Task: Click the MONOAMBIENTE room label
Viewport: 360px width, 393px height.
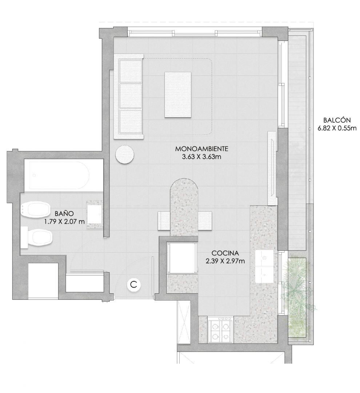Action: click(202, 148)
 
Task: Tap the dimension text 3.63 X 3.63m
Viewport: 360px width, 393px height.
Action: click(202, 157)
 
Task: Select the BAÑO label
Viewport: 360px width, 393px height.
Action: click(64, 214)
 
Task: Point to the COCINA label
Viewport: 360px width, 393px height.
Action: click(225, 253)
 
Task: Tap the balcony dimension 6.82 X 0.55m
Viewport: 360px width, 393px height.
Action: click(337, 128)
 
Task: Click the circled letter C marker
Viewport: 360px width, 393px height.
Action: click(134, 285)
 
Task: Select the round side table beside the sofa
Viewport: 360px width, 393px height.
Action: click(124, 155)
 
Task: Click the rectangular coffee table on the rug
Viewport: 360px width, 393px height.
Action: click(178, 95)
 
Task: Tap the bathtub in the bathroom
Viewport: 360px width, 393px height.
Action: click(59, 175)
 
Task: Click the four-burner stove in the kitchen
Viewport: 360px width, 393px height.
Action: click(221, 330)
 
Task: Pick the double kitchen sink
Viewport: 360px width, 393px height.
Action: click(264, 266)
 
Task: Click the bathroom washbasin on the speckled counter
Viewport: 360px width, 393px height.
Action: click(95, 214)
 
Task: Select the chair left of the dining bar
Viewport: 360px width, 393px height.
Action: click(164, 221)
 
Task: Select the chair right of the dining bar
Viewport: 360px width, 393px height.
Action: click(205, 221)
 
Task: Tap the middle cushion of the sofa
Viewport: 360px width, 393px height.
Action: click(131, 96)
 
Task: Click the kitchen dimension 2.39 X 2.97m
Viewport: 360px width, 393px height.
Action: click(225, 261)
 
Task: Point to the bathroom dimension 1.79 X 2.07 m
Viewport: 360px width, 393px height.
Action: click(64, 222)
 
